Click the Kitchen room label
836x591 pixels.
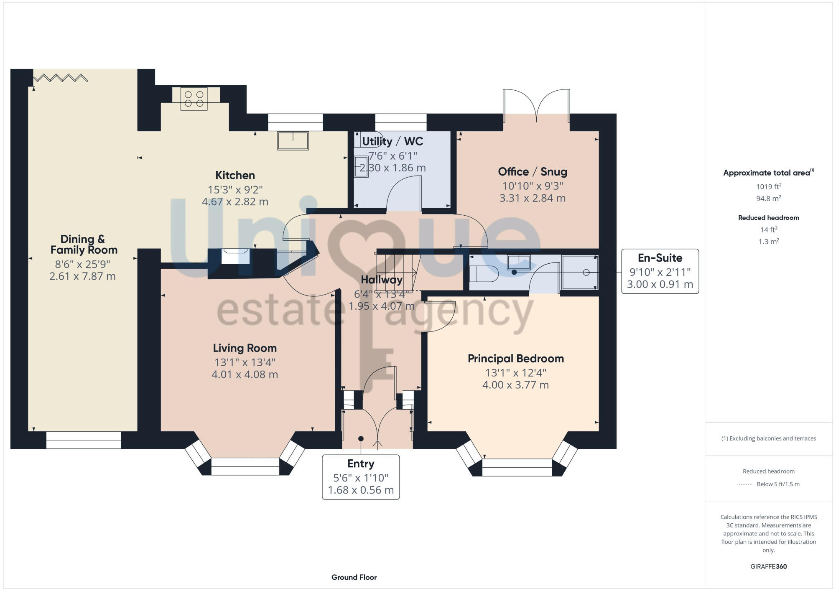pos(235,175)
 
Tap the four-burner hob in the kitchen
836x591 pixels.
pos(194,99)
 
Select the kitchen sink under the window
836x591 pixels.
pos(293,140)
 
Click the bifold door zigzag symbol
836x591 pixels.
pos(61,78)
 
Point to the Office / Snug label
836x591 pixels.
pos(532,172)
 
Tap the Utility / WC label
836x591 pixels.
pos(393,141)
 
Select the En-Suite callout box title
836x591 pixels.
pos(660,258)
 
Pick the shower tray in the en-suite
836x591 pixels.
pos(580,273)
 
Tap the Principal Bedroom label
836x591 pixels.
pos(515,359)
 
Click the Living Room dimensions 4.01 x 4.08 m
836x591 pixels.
pos(245,374)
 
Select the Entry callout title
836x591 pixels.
pos(361,464)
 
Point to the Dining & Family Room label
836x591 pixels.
pos(84,245)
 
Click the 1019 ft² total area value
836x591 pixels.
pos(768,187)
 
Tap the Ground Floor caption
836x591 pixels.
pos(354,577)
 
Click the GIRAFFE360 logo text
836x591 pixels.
pos(768,567)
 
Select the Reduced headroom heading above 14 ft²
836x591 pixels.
pos(768,218)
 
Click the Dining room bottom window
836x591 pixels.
pos(84,440)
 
